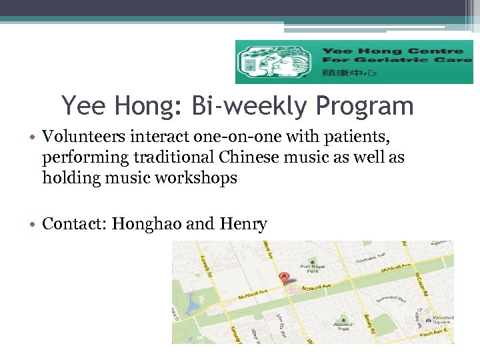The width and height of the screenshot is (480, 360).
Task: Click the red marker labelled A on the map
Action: [x=285, y=276]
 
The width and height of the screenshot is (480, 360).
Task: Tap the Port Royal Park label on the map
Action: [x=311, y=269]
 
